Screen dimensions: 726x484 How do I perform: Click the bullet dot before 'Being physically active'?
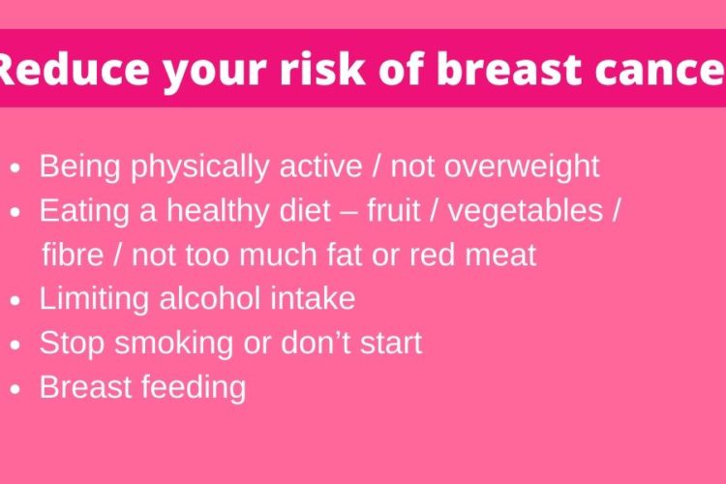click(x=15, y=168)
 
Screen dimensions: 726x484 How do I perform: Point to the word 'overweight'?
click(x=522, y=166)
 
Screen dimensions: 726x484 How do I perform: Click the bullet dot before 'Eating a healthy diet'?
click(x=15, y=213)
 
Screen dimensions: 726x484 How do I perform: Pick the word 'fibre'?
click(x=73, y=255)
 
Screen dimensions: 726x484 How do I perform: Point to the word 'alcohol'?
click(x=210, y=298)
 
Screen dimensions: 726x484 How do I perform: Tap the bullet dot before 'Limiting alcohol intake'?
click(x=15, y=301)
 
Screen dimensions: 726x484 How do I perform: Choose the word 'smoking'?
click(x=173, y=345)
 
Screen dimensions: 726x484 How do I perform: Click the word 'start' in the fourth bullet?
click(x=391, y=344)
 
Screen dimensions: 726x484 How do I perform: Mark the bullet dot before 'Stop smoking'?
click(x=15, y=345)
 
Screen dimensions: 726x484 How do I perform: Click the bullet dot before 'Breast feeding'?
click(x=15, y=389)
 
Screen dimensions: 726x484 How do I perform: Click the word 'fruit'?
click(x=394, y=210)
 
